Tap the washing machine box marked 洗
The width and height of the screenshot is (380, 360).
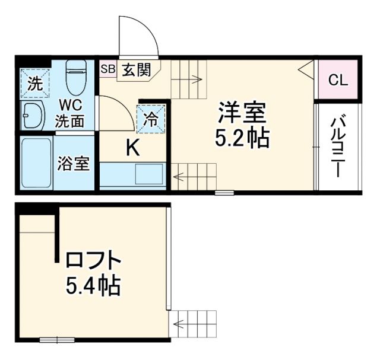pos(33,84)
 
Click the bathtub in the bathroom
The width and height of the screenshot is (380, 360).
pos(36,163)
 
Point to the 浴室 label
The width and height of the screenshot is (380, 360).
pos(74,163)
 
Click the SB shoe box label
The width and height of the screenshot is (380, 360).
pos(107,69)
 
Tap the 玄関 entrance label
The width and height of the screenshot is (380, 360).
pos(137,70)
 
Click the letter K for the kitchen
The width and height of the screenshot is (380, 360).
pos(133,148)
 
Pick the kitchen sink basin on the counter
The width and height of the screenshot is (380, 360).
pos(148,174)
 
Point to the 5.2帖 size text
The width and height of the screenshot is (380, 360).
pos(242,138)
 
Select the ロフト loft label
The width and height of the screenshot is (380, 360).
pos(94,261)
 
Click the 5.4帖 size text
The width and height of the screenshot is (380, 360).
pos(93,287)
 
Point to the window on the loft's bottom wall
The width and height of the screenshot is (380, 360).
pos(58,340)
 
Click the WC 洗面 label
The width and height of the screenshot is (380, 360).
pos(70,113)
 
